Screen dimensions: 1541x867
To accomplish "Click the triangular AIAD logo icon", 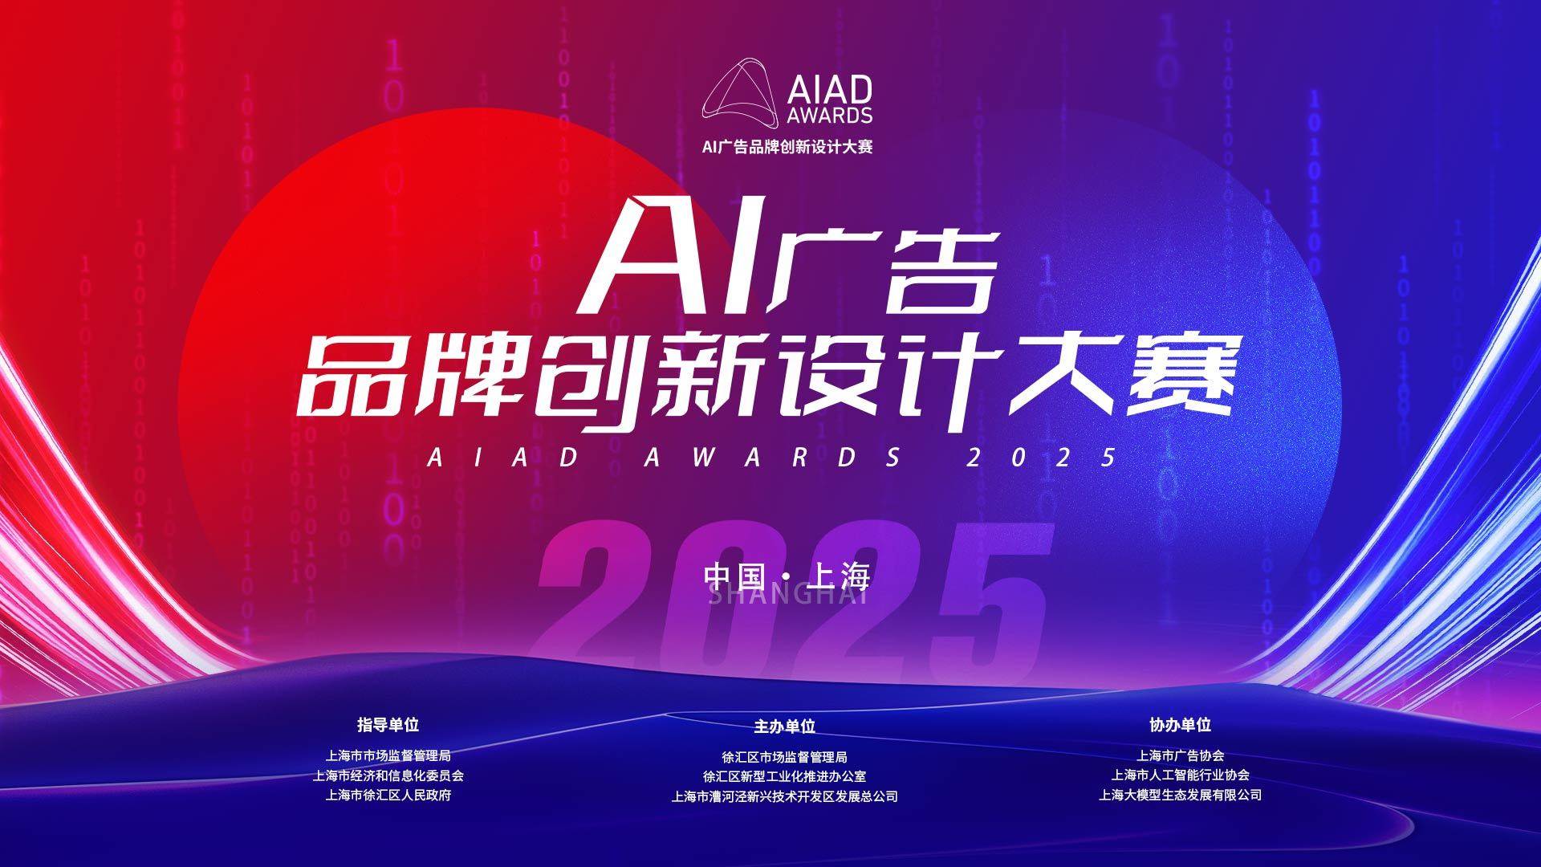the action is pos(741,94).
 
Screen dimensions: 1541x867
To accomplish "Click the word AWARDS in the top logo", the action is pos(829,115).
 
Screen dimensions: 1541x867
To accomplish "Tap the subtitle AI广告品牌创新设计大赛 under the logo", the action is pos(787,147).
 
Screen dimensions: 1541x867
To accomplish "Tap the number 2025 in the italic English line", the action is pos(1042,458).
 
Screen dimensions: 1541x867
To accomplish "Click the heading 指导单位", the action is pos(388,724).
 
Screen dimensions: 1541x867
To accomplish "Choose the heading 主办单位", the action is pos(785,727).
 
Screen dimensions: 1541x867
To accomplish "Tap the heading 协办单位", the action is pos(1181,724).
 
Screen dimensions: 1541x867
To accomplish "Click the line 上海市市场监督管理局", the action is pos(388,755).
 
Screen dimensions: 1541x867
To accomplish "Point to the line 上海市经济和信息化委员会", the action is pos(388,775).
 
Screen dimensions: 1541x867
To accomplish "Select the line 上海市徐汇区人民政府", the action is pos(388,796).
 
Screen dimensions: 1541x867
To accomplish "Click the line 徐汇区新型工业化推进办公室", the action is pos(785,777).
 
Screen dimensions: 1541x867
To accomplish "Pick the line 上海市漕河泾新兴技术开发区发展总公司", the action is pos(785,797).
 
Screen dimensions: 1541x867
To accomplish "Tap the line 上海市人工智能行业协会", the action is pos(1181,775).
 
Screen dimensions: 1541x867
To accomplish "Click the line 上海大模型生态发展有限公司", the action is pos(1181,795).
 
